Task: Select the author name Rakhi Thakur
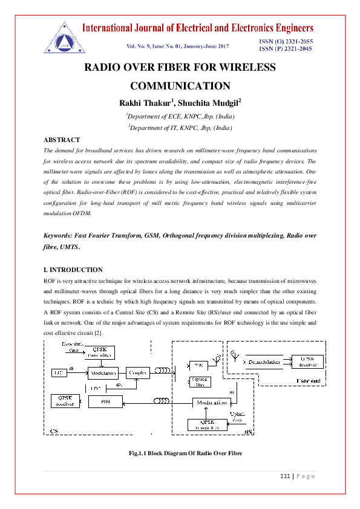[146, 102]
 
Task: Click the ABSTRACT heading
[62, 140]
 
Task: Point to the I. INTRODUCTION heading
[73, 270]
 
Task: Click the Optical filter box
[200, 381]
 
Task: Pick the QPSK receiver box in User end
[307, 361]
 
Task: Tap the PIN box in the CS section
[105, 401]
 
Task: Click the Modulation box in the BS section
[211, 402]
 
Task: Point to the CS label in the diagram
[54, 432]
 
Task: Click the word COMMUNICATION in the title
[180, 86]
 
